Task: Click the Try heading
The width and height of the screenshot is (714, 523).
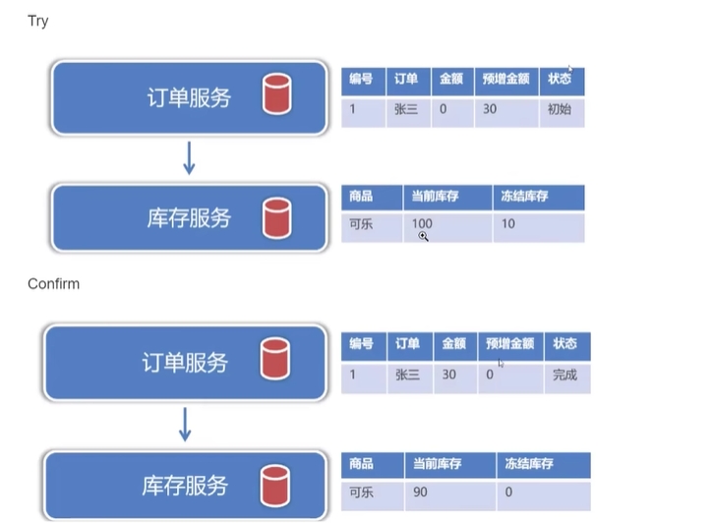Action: click(x=37, y=21)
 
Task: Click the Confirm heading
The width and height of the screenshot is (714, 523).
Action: click(x=54, y=283)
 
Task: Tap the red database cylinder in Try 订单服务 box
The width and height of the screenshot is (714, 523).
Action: click(x=276, y=93)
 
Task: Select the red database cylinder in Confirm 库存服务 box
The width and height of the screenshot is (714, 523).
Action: click(x=275, y=486)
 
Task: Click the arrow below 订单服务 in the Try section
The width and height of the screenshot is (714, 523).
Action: click(x=189, y=158)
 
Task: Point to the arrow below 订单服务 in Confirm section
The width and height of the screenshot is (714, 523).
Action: click(x=185, y=425)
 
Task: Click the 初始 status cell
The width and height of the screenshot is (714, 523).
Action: click(x=562, y=112)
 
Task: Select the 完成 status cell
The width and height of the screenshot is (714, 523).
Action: click(x=567, y=378)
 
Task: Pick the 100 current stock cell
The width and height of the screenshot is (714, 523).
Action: click(x=447, y=227)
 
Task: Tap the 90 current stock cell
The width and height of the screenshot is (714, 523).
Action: click(x=449, y=494)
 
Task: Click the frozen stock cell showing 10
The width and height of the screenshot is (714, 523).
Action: click(x=539, y=227)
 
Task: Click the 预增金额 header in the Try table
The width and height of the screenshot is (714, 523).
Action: click(x=506, y=81)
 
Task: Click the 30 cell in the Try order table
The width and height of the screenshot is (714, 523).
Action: click(x=506, y=112)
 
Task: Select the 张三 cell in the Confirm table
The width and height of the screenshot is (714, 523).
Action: click(x=410, y=378)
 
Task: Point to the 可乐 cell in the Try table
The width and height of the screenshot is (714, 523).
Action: click(x=372, y=227)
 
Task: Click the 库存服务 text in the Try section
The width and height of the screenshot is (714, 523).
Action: click(x=189, y=218)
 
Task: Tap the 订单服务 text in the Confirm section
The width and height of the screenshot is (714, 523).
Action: click(x=185, y=363)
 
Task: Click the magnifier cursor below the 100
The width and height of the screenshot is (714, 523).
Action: click(x=424, y=237)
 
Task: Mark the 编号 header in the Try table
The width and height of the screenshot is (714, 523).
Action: click(x=363, y=81)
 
